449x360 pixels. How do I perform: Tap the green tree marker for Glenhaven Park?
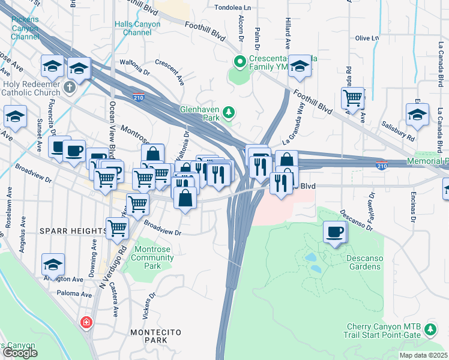pos(228,112)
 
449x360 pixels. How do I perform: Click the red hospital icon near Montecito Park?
pos(87,322)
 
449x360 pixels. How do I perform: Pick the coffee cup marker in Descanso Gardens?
pos(335,232)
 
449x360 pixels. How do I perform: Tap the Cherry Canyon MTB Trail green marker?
pos(430,329)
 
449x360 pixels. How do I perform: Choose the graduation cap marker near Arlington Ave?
pos(53,265)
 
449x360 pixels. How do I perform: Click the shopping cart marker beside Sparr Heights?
pos(117,227)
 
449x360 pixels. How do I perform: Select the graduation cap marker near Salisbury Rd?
pos(417,114)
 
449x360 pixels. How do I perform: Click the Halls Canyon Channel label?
pos(137,28)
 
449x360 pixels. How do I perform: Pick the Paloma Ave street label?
pos(74,293)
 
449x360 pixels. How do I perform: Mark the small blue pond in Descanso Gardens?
pos(310,257)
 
